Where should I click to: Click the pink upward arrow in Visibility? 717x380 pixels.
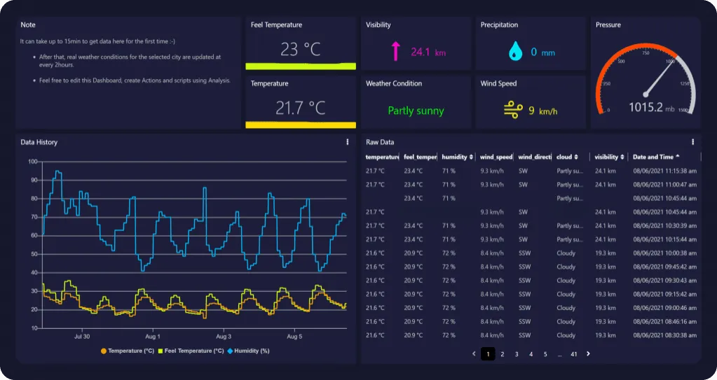(395, 51)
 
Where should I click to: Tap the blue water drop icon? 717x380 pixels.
(515, 51)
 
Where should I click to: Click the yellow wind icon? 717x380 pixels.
(513, 110)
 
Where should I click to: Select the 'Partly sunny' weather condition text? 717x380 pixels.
(416, 111)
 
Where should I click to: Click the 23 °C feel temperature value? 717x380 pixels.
(300, 50)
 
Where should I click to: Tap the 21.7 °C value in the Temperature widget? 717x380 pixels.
(300, 108)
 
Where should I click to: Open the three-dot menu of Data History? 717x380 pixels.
(348, 142)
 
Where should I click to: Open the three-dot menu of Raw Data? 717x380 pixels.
(693, 142)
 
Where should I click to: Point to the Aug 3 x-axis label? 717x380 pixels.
(223, 337)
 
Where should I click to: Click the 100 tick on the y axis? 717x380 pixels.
(32, 162)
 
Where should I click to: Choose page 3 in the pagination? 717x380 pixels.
(517, 354)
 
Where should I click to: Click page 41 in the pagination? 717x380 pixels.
(573, 354)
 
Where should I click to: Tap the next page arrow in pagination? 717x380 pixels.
(588, 354)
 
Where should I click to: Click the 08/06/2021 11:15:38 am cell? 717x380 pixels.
(664, 171)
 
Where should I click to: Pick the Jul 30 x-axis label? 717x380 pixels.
(82, 337)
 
